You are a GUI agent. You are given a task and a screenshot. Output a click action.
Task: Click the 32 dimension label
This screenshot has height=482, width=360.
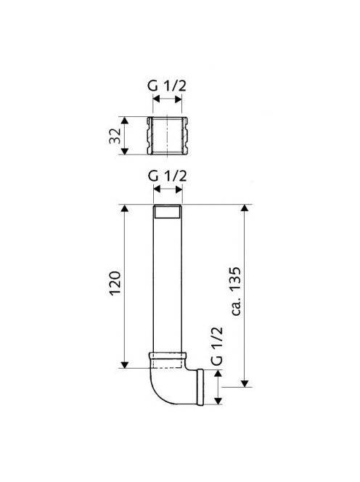click(114, 136)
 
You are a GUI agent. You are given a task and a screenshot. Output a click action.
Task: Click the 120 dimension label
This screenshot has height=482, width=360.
click(115, 283)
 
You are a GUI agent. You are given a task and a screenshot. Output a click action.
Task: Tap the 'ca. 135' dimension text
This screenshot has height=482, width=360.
click(236, 291)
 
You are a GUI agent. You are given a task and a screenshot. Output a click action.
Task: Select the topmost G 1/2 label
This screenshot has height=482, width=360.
click(167, 86)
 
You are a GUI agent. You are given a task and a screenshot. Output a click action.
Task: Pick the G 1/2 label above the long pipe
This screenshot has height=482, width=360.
click(167, 176)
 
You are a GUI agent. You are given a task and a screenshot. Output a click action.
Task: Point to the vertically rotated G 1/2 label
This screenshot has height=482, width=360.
click(217, 346)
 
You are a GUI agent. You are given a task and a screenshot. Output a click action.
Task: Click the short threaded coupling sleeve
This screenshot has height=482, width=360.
click(168, 136)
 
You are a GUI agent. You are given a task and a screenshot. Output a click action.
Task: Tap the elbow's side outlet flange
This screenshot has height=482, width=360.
click(200, 388)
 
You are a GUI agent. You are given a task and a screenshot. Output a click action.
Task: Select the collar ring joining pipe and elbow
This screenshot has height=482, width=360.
click(168, 356)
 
